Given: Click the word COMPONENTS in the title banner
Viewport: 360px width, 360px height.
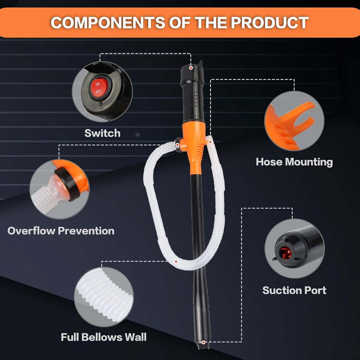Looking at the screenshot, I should (106, 22).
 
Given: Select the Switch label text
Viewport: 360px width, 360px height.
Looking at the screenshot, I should (102, 133).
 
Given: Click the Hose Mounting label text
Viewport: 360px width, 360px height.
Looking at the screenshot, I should (294, 162).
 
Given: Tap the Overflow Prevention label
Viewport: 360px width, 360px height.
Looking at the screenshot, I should (61, 231).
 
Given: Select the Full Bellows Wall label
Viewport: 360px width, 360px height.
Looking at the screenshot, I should (104, 337).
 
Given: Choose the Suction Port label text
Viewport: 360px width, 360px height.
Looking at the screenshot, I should (294, 290).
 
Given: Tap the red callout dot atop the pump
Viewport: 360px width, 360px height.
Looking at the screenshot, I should (191, 67).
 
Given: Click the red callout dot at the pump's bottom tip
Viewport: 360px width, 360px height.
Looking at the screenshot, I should (204, 342).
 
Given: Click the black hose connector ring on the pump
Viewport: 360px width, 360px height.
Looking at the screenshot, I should (178, 145).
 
